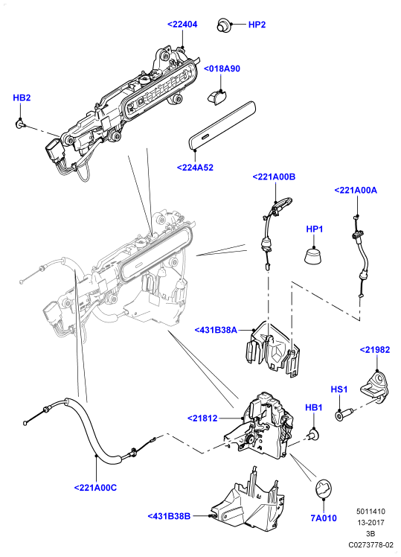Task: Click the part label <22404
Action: click(182, 25)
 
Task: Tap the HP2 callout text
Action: click(257, 25)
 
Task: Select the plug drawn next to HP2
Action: click(223, 25)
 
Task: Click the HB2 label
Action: click(22, 98)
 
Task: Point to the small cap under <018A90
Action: click(216, 98)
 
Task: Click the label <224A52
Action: click(195, 168)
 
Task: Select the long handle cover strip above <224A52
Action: click(222, 126)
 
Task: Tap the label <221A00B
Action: click(274, 177)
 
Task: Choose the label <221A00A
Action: click(356, 191)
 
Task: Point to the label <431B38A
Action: click(216, 330)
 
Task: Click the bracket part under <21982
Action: click(375, 386)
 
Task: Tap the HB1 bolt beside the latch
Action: click(314, 433)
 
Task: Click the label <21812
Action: click(202, 418)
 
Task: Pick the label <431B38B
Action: click(170, 516)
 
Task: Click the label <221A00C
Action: click(95, 488)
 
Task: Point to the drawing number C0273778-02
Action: click(370, 544)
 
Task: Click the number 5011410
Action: click(370, 512)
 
